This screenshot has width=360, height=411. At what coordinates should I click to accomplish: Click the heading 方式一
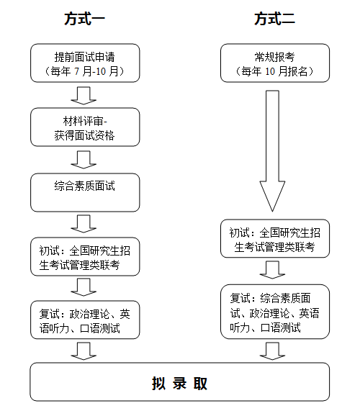point(84,19)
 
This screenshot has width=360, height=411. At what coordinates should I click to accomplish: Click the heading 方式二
point(274,19)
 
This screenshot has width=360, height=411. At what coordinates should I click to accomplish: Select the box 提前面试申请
point(85,63)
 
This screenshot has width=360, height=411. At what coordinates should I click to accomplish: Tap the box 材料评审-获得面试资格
point(85,127)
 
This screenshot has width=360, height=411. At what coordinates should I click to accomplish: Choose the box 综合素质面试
point(85,192)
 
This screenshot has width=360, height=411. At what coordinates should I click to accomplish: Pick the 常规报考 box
point(275,63)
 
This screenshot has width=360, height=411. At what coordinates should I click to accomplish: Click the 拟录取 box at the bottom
point(179,382)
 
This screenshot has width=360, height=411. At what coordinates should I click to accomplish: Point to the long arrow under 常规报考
point(272,151)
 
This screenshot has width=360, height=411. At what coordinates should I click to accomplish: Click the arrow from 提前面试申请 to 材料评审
point(84,96)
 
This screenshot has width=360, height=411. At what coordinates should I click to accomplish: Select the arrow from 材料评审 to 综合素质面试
point(84,160)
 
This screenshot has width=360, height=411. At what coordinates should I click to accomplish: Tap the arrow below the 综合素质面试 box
point(84,224)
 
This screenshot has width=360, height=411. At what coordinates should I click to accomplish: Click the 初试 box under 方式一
point(85,257)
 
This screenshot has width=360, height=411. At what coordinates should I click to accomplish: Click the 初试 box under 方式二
point(275,238)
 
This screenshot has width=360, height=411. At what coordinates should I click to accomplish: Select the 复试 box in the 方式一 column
point(85,320)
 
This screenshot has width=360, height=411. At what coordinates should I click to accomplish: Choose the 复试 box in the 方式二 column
point(275,312)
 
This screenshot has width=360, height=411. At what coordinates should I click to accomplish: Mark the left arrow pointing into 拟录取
point(84,351)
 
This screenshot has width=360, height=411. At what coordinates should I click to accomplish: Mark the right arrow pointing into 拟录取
point(272,351)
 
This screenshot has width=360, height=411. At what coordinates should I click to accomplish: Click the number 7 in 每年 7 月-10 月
point(76,71)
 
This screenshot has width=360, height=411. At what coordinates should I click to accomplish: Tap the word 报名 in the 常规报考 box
point(298,71)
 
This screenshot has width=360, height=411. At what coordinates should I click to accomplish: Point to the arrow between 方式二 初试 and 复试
point(272,270)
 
